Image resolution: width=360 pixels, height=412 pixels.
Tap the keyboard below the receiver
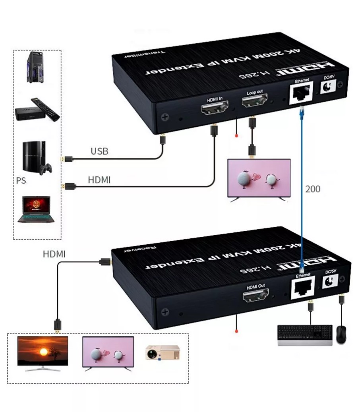[x=304, y=335]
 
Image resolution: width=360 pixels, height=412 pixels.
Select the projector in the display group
[x=162, y=352]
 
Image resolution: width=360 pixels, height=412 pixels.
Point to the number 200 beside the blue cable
[x=312, y=189]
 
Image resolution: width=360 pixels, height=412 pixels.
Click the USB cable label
[x=99, y=151]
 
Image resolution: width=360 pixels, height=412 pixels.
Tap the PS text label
[x=21, y=181]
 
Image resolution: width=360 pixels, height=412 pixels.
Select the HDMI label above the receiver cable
[x=54, y=254]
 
